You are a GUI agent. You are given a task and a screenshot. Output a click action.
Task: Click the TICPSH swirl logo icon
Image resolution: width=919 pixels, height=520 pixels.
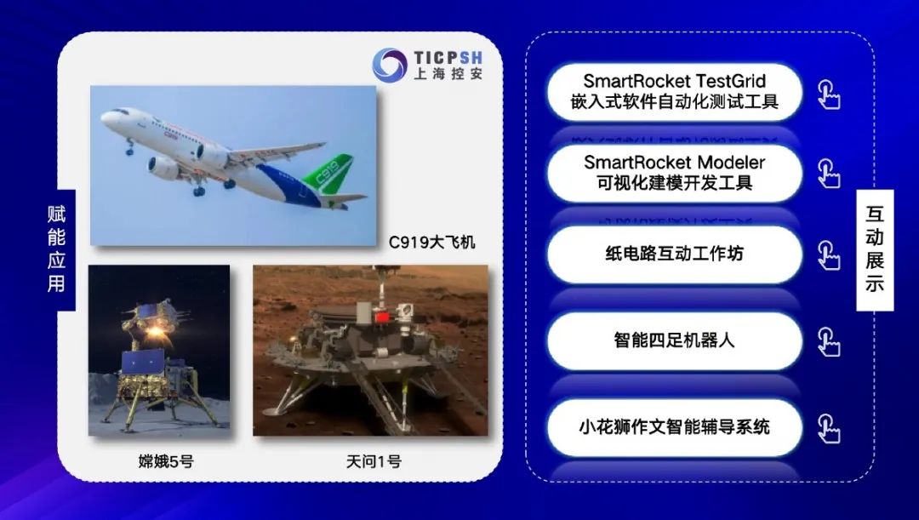click(390, 65)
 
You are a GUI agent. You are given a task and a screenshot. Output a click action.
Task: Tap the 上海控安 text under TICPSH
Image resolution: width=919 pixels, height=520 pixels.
click(448, 74)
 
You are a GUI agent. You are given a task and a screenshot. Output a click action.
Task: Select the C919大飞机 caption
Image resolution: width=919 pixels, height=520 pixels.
click(432, 242)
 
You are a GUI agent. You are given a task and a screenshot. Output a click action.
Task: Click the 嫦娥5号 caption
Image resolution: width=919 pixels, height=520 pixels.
click(166, 461)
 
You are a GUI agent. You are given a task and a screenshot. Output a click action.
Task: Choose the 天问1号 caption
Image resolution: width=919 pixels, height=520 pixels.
click(374, 461)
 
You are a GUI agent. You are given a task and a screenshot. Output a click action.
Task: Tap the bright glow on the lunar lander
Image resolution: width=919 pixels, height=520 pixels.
click(155, 332)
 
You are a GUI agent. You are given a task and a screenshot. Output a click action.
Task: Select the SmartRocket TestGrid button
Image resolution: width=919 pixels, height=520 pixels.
click(674, 92)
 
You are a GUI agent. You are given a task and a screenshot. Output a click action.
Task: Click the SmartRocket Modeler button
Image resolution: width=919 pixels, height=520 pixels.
click(674, 173)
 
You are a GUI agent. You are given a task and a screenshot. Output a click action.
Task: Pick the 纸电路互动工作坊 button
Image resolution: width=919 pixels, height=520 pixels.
click(674, 254)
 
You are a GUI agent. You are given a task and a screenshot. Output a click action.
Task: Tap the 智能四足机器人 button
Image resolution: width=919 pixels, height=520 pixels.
click(674, 340)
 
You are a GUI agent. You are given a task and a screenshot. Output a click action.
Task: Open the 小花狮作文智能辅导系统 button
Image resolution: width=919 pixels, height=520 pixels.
click(674, 427)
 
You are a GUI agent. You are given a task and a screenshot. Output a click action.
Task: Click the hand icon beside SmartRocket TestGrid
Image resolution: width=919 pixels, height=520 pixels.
click(829, 95)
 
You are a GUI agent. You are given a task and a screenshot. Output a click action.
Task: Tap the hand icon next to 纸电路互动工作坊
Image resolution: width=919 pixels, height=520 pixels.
click(829, 255)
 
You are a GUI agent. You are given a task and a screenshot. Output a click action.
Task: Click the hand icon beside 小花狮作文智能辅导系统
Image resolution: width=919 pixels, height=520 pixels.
click(829, 429)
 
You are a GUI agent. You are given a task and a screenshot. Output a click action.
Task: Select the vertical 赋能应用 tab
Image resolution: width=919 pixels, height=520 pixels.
click(57, 249)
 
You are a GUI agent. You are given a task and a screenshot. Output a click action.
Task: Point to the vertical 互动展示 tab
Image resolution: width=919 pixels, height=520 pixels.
click(875, 249)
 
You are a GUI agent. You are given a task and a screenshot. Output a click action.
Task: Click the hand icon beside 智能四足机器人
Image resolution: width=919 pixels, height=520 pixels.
click(829, 342)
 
